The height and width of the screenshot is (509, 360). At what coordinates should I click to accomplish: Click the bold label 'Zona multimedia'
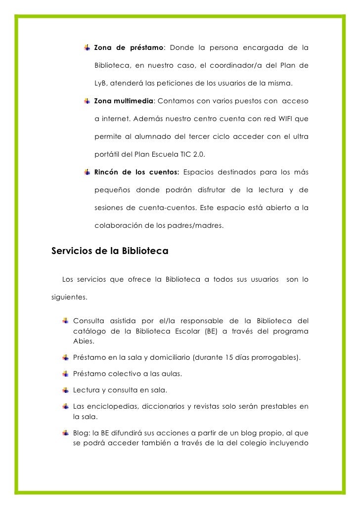click(x=124, y=101)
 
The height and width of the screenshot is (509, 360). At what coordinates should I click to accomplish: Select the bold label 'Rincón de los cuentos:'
click(x=136, y=172)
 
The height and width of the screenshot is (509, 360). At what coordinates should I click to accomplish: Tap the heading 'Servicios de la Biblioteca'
click(x=110, y=251)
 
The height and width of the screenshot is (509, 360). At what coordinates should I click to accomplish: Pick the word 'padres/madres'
click(x=200, y=226)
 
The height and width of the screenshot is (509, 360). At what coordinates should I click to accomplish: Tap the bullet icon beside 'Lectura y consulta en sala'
click(x=66, y=390)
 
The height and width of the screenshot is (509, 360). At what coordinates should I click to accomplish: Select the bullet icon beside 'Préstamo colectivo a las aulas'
click(x=66, y=374)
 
